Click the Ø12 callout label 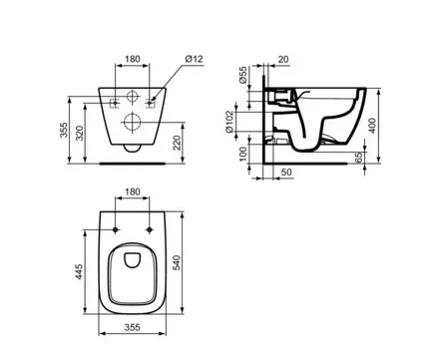click(x=195, y=59)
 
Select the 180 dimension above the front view click(x=133, y=59)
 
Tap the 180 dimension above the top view click(x=133, y=192)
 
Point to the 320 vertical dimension click(x=80, y=133)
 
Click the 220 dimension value click(x=178, y=143)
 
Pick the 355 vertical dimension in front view click(x=64, y=130)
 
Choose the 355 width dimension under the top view click(x=133, y=327)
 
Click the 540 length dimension click(x=177, y=262)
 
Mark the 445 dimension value click(x=79, y=271)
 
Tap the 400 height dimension click(x=372, y=126)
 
